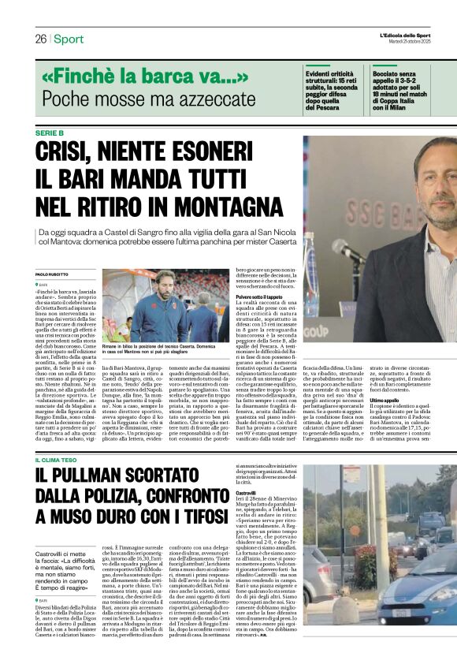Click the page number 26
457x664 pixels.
point(39,39)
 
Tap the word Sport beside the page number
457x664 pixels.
point(69,39)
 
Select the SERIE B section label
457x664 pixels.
point(51,132)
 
